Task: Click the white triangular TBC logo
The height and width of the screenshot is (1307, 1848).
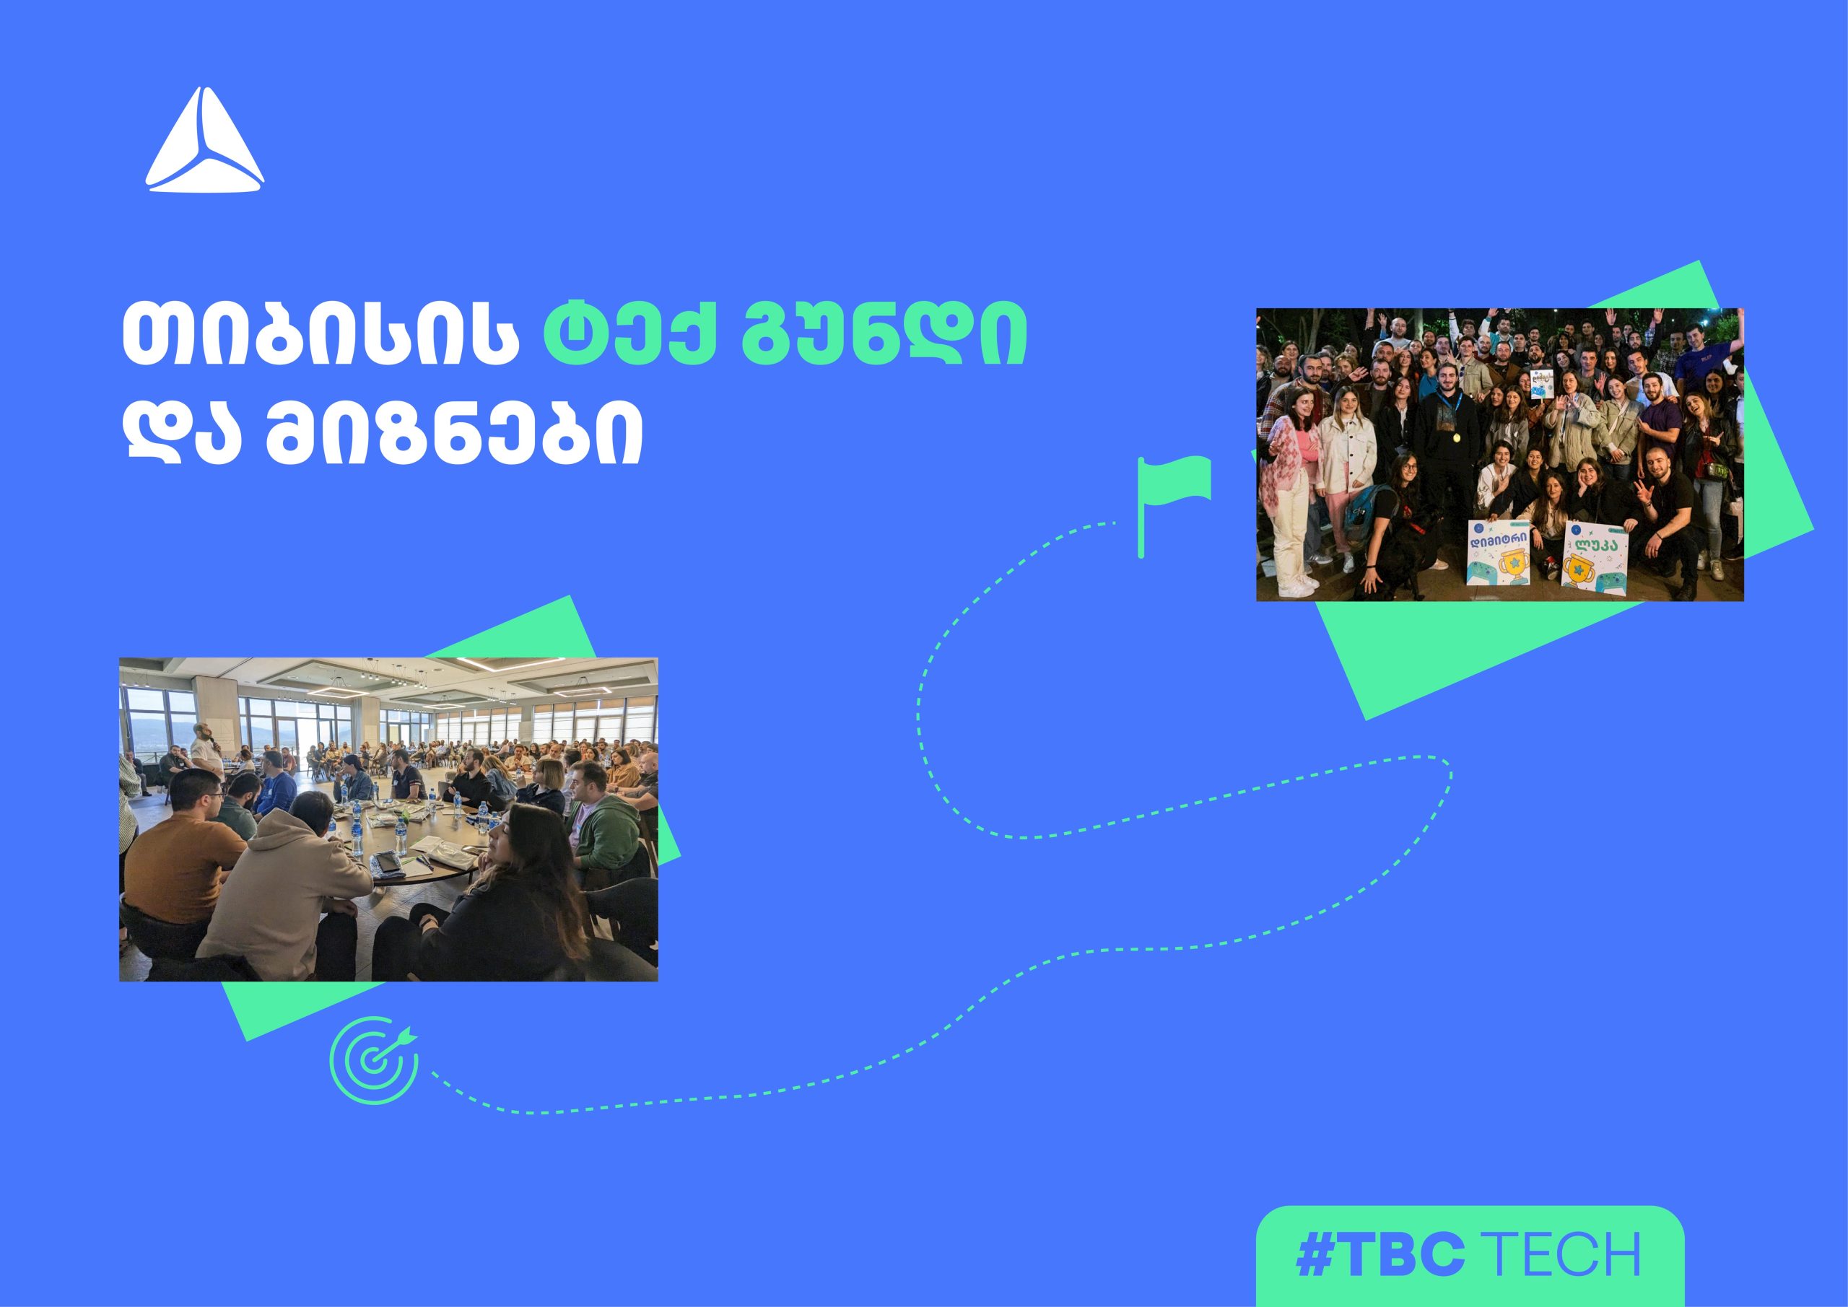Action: tap(204, 141)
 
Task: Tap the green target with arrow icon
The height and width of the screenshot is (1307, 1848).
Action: tap(374, 1061)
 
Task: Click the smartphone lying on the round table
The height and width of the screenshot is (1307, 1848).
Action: tap(389, 862)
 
